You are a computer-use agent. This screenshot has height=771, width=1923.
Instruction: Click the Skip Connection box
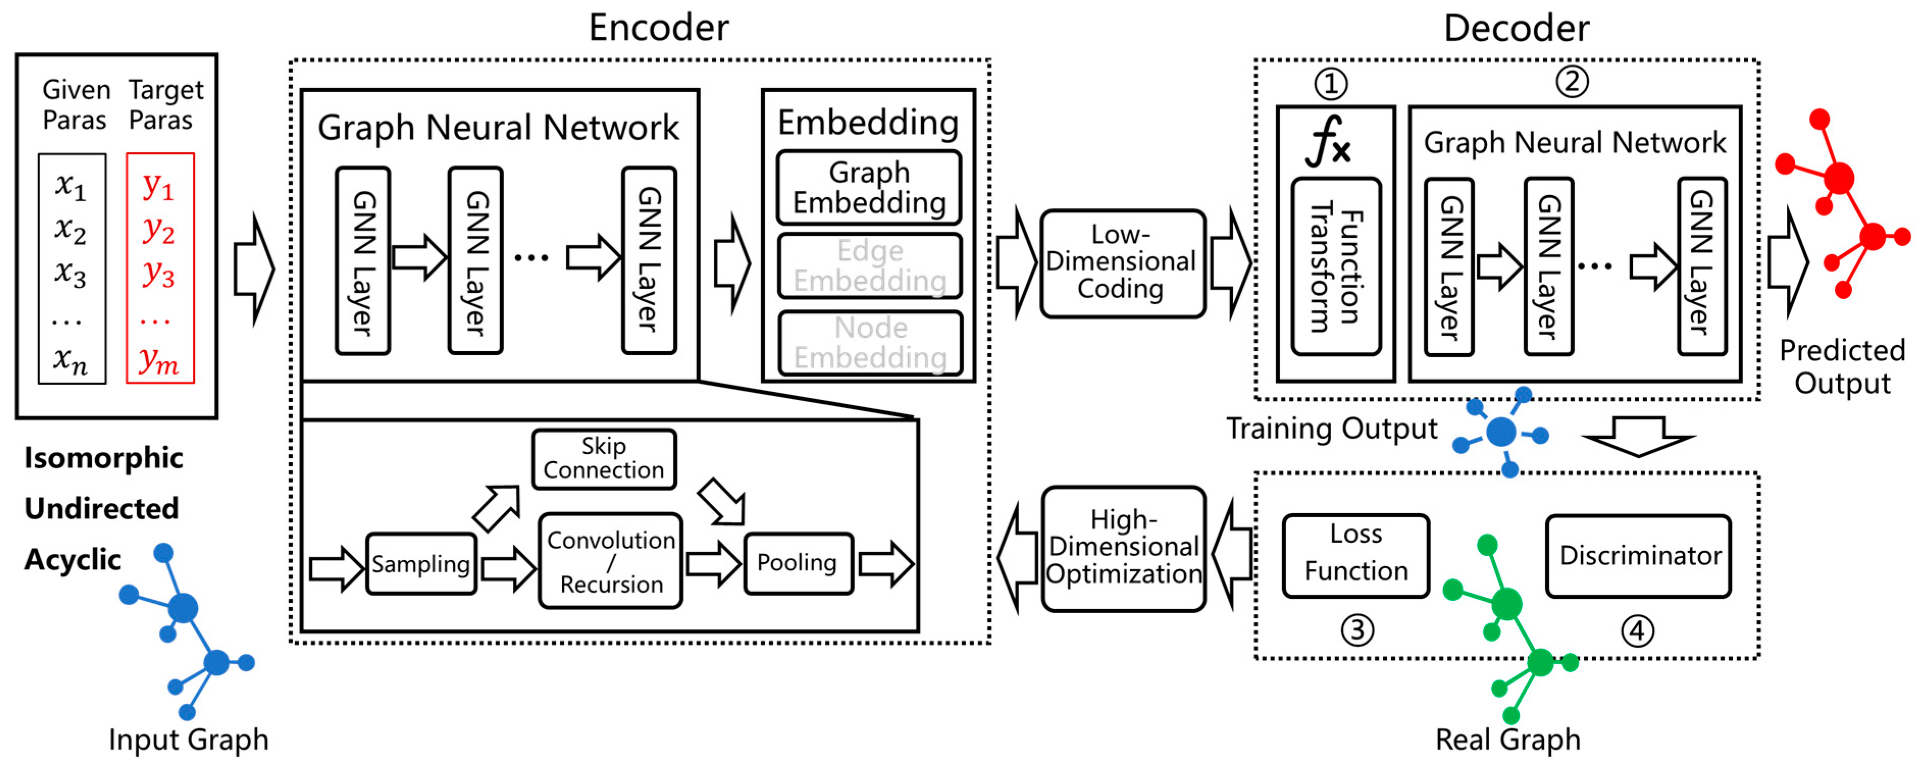pos(603,458)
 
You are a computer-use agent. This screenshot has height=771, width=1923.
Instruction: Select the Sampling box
pos(420,564)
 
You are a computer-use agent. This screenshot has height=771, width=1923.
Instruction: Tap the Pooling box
pos(797,563)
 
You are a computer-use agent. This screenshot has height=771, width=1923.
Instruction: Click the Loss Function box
pos(1355,554)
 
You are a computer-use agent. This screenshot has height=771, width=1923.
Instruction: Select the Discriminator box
pos(1639,555)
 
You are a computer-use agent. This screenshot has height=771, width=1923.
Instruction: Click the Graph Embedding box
pos(869,188)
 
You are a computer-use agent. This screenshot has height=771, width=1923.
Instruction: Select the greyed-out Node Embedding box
pos(870,342)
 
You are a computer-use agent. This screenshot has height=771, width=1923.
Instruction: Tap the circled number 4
pos(1636,631)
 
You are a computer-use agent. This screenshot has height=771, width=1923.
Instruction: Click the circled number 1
pos(1330,84)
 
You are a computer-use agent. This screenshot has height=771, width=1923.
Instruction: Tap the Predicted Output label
pos(1841,366)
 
